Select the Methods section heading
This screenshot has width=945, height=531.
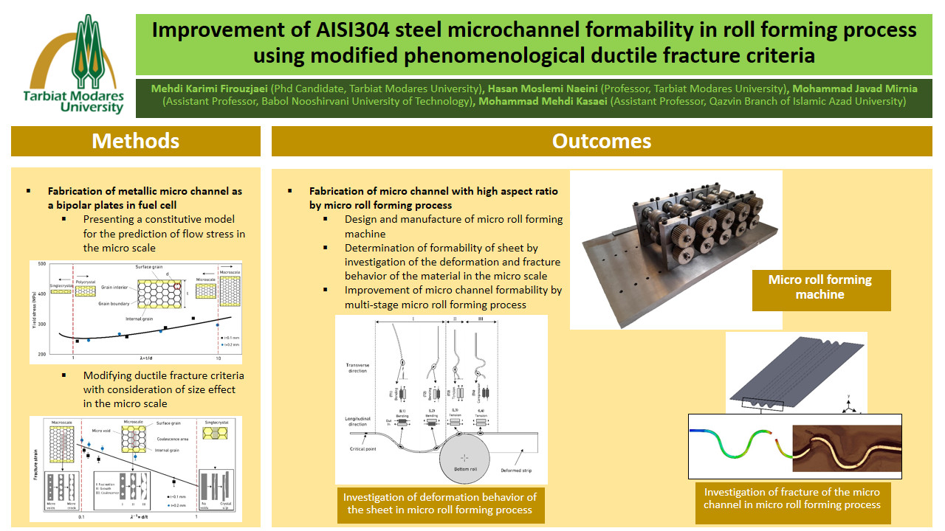pos(135,141)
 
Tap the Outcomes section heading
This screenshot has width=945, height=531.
pos(602,141)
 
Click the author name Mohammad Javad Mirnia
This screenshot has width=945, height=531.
pos(855,88)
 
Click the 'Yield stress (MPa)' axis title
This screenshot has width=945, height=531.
pos(34,310)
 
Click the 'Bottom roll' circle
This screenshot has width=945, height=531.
pos(465,457)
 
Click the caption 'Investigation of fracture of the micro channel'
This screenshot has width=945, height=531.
pos(791,499)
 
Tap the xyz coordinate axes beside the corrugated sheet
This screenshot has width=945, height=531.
pos(849,406)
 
